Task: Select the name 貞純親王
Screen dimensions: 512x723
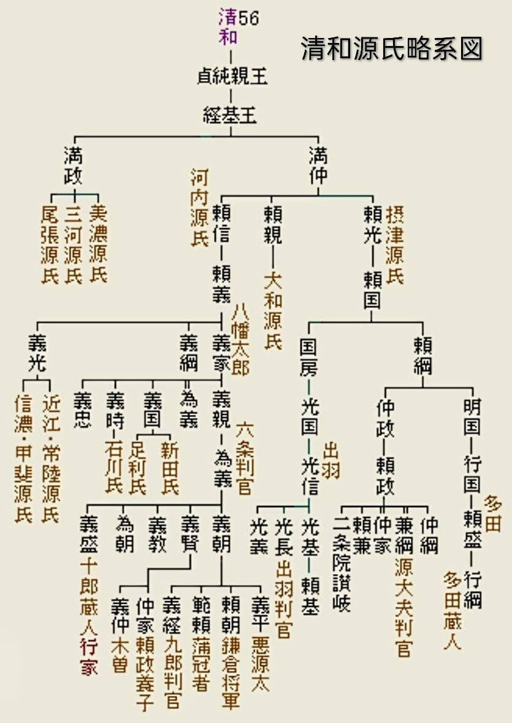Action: [x=232, y=76]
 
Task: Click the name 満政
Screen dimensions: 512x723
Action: [x=74, y=166]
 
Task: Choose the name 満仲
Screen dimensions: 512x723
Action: [x=318, y=166]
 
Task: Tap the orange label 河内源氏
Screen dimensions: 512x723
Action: [x=199, y=208]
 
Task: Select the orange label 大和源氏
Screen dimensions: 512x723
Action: [x=273, y=310]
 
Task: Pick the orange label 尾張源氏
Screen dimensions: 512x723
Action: [x=50, y=245]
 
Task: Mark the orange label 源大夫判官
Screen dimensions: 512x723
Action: [x=403, y=607]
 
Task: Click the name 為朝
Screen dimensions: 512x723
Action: [x=125, y=534]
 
